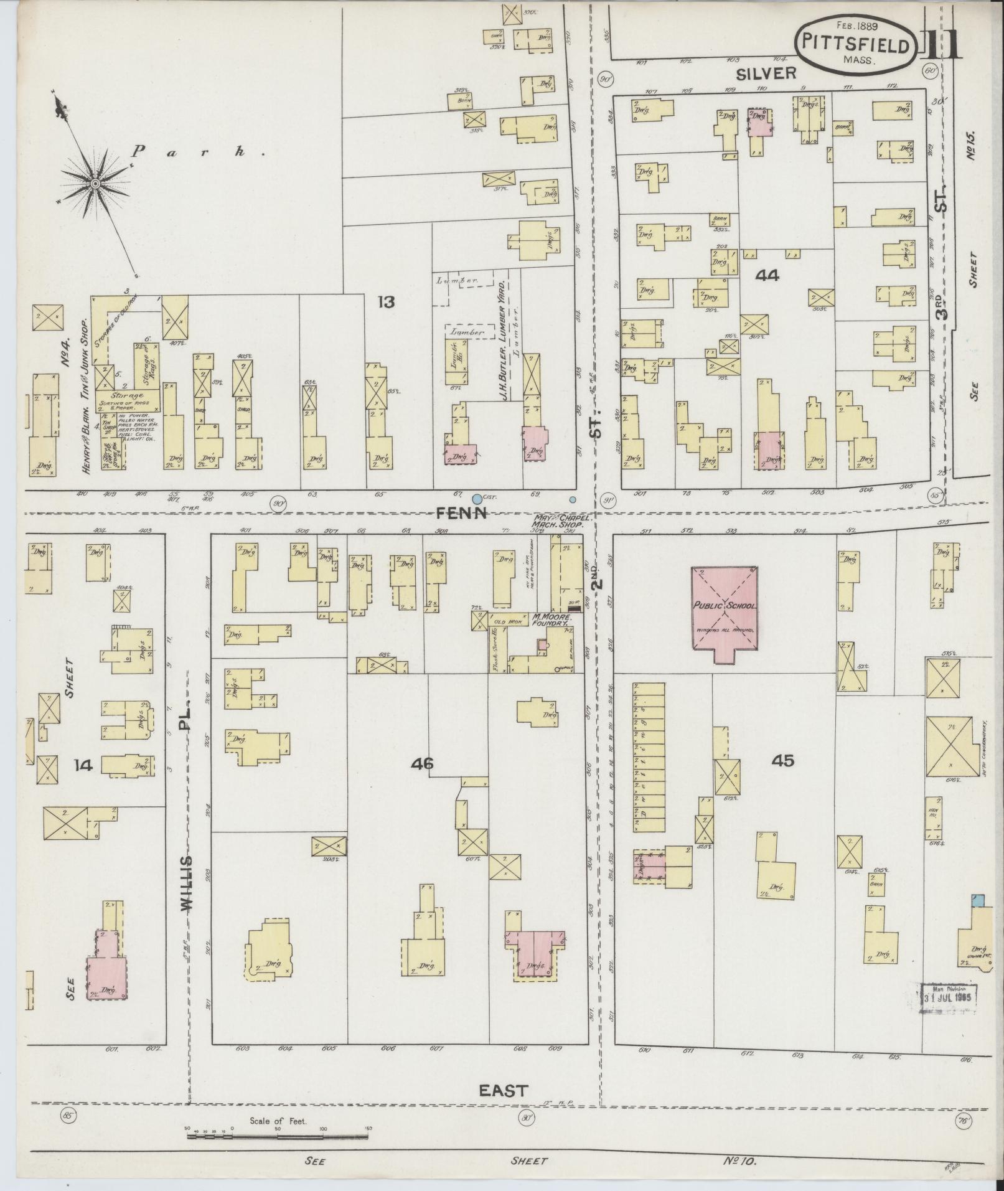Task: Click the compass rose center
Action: [95, 183]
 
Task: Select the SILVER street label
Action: [765, 73]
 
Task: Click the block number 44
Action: [766, 275]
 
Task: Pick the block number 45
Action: [782, 760]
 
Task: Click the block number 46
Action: [423, 763]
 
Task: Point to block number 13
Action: [386, 303]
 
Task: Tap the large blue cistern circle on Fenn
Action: [477, 499]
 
